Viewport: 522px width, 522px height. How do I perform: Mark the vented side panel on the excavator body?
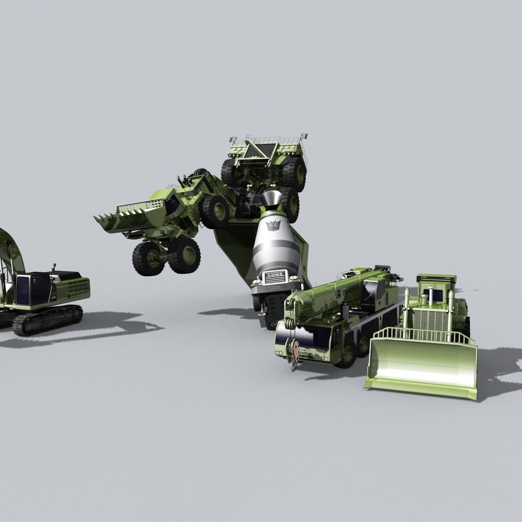tap(74, 288)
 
